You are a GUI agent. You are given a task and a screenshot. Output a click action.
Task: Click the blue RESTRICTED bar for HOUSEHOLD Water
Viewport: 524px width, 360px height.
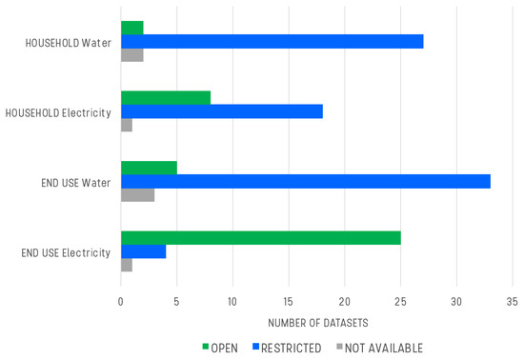[272, 41]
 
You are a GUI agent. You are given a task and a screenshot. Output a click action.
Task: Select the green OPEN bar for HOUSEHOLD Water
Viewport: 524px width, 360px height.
[132, 27]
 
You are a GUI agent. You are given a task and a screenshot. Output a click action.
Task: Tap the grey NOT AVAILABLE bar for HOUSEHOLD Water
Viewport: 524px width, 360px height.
[132, 55]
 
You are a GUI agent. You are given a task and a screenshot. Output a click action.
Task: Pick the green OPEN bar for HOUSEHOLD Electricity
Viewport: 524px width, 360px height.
[166, 97]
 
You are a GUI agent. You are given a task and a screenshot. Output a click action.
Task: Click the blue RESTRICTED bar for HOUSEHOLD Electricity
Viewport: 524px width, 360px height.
[222, 111]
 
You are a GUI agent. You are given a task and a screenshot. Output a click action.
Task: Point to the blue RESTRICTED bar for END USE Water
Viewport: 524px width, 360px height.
[305, 181]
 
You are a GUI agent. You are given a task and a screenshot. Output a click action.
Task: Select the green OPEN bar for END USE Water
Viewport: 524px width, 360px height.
[149, 168]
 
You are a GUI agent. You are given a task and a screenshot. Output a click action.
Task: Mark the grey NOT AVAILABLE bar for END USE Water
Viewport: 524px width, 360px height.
[138, 195]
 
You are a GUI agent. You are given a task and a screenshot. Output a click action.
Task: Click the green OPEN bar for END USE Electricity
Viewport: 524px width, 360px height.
[261, 237]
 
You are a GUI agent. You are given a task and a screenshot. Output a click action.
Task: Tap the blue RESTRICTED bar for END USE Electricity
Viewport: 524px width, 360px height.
[143, 251]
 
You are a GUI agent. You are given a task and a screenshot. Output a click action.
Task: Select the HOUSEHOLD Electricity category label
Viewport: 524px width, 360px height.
[58, 113]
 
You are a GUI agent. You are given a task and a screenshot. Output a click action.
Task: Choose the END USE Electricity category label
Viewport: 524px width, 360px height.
[65, 252]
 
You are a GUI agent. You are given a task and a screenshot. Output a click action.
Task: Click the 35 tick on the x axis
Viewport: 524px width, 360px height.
[512, 303]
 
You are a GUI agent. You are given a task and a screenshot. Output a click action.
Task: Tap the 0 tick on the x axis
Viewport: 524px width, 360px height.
[121, 303]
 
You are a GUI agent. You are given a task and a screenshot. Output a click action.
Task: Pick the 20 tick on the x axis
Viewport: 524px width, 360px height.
[344, 303]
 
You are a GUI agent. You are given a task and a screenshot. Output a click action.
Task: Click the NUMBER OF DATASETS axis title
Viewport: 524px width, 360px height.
[316, 324]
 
